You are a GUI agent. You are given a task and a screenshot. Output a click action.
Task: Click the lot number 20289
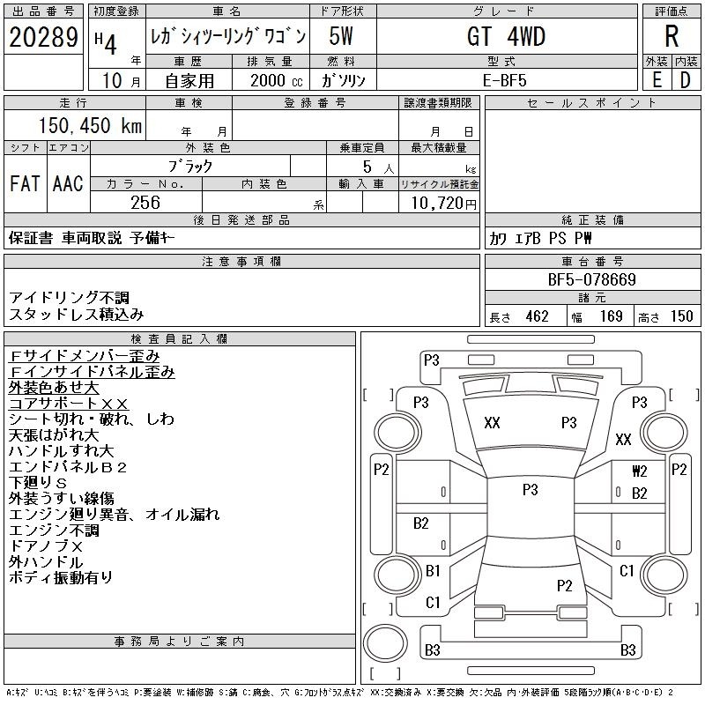[x=43, y=37]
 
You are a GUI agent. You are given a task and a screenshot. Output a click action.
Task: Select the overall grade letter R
[x=672, y=36]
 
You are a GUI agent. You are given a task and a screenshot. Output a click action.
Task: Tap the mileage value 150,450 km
[x=90, y=125]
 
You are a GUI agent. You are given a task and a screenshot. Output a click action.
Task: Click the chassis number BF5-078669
[x=591, y=279]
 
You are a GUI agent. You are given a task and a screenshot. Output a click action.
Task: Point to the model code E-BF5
[x=504, y=80]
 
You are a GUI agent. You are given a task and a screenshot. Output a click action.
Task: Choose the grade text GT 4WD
[x=506, y=36]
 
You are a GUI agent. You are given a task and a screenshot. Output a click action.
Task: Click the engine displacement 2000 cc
[x=277, y=80]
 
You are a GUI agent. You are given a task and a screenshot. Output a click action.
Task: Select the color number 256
[x=145, y=203]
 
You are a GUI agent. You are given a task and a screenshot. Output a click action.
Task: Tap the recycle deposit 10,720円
[x=443, y=203]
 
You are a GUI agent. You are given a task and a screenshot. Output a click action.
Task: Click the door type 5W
[x=341, y=36]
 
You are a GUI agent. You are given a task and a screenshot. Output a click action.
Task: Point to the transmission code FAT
[x=25, y=183]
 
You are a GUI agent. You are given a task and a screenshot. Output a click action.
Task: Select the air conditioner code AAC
[x=68, y=183]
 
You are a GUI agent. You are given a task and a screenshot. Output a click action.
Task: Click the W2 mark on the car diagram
[x=640, y=471]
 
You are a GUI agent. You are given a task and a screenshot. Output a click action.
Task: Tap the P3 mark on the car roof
[x=531, y=489]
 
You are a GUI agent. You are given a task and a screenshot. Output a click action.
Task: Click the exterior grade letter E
[x=657, y=80]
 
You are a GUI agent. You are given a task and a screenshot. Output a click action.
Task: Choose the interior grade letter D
[x=686, y=80]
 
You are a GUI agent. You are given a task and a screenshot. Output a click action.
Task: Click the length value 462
[x=538, y=316]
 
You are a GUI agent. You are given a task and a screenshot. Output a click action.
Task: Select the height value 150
[x=681, y=316]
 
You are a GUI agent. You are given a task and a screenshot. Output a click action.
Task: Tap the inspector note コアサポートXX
[x=69, y=404]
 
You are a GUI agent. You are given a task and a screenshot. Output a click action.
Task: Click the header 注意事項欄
[x=241, y=262]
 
